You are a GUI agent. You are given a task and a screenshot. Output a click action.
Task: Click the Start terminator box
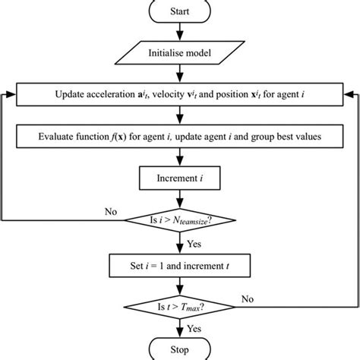(x=180, y=11)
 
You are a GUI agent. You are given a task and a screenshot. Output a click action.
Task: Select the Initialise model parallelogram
(x=180, y=53)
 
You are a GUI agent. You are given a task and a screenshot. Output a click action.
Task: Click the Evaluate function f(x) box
(x=180, y=139)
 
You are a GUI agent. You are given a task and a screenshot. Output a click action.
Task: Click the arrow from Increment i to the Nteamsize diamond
(x=180, y=201)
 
